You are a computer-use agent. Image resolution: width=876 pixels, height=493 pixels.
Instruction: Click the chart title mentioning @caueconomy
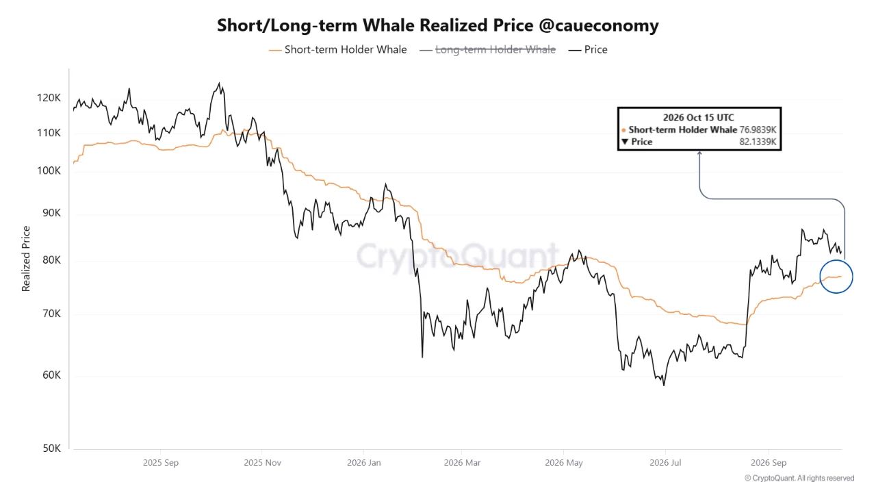(x=438, y=26)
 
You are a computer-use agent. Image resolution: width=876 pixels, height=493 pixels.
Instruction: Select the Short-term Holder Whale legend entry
(x=338, y=50)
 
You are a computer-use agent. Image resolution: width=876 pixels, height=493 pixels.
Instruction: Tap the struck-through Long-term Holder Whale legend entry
(x=488, y=50)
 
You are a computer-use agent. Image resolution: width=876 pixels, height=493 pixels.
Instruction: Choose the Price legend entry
(x=588, y=50)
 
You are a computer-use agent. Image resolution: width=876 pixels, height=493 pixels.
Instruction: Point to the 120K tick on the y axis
(x=49, y=98)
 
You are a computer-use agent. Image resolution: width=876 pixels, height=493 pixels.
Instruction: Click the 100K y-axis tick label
(x=49, y=170)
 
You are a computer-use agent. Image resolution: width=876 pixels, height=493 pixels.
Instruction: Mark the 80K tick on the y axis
(x=51, y=260)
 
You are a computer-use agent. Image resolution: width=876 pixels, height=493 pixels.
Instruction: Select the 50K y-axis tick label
(x=51, y=448)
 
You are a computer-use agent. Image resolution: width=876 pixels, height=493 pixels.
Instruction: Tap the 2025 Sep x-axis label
(x=161, y=462)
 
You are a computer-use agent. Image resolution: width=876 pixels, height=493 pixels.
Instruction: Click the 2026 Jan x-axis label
(x=363, y=462)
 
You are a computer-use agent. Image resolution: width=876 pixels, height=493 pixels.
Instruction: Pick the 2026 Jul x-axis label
(x=665, y=462)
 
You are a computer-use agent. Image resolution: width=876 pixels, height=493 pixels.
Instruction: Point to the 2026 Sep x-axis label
(x=769, y=462)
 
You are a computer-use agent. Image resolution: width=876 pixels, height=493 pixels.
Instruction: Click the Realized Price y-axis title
(x=26, y=259)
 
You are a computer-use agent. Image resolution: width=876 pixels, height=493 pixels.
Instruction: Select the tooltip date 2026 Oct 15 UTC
(x=699, y=117)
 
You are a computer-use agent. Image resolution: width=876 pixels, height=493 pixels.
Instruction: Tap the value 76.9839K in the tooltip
(x=758, y=129)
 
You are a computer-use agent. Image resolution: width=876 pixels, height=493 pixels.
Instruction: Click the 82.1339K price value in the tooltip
(x=758, y=142)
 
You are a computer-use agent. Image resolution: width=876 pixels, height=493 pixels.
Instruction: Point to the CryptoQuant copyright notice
(x=799, y=478)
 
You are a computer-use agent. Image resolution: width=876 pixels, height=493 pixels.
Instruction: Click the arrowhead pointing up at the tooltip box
(x=699, y=154)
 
